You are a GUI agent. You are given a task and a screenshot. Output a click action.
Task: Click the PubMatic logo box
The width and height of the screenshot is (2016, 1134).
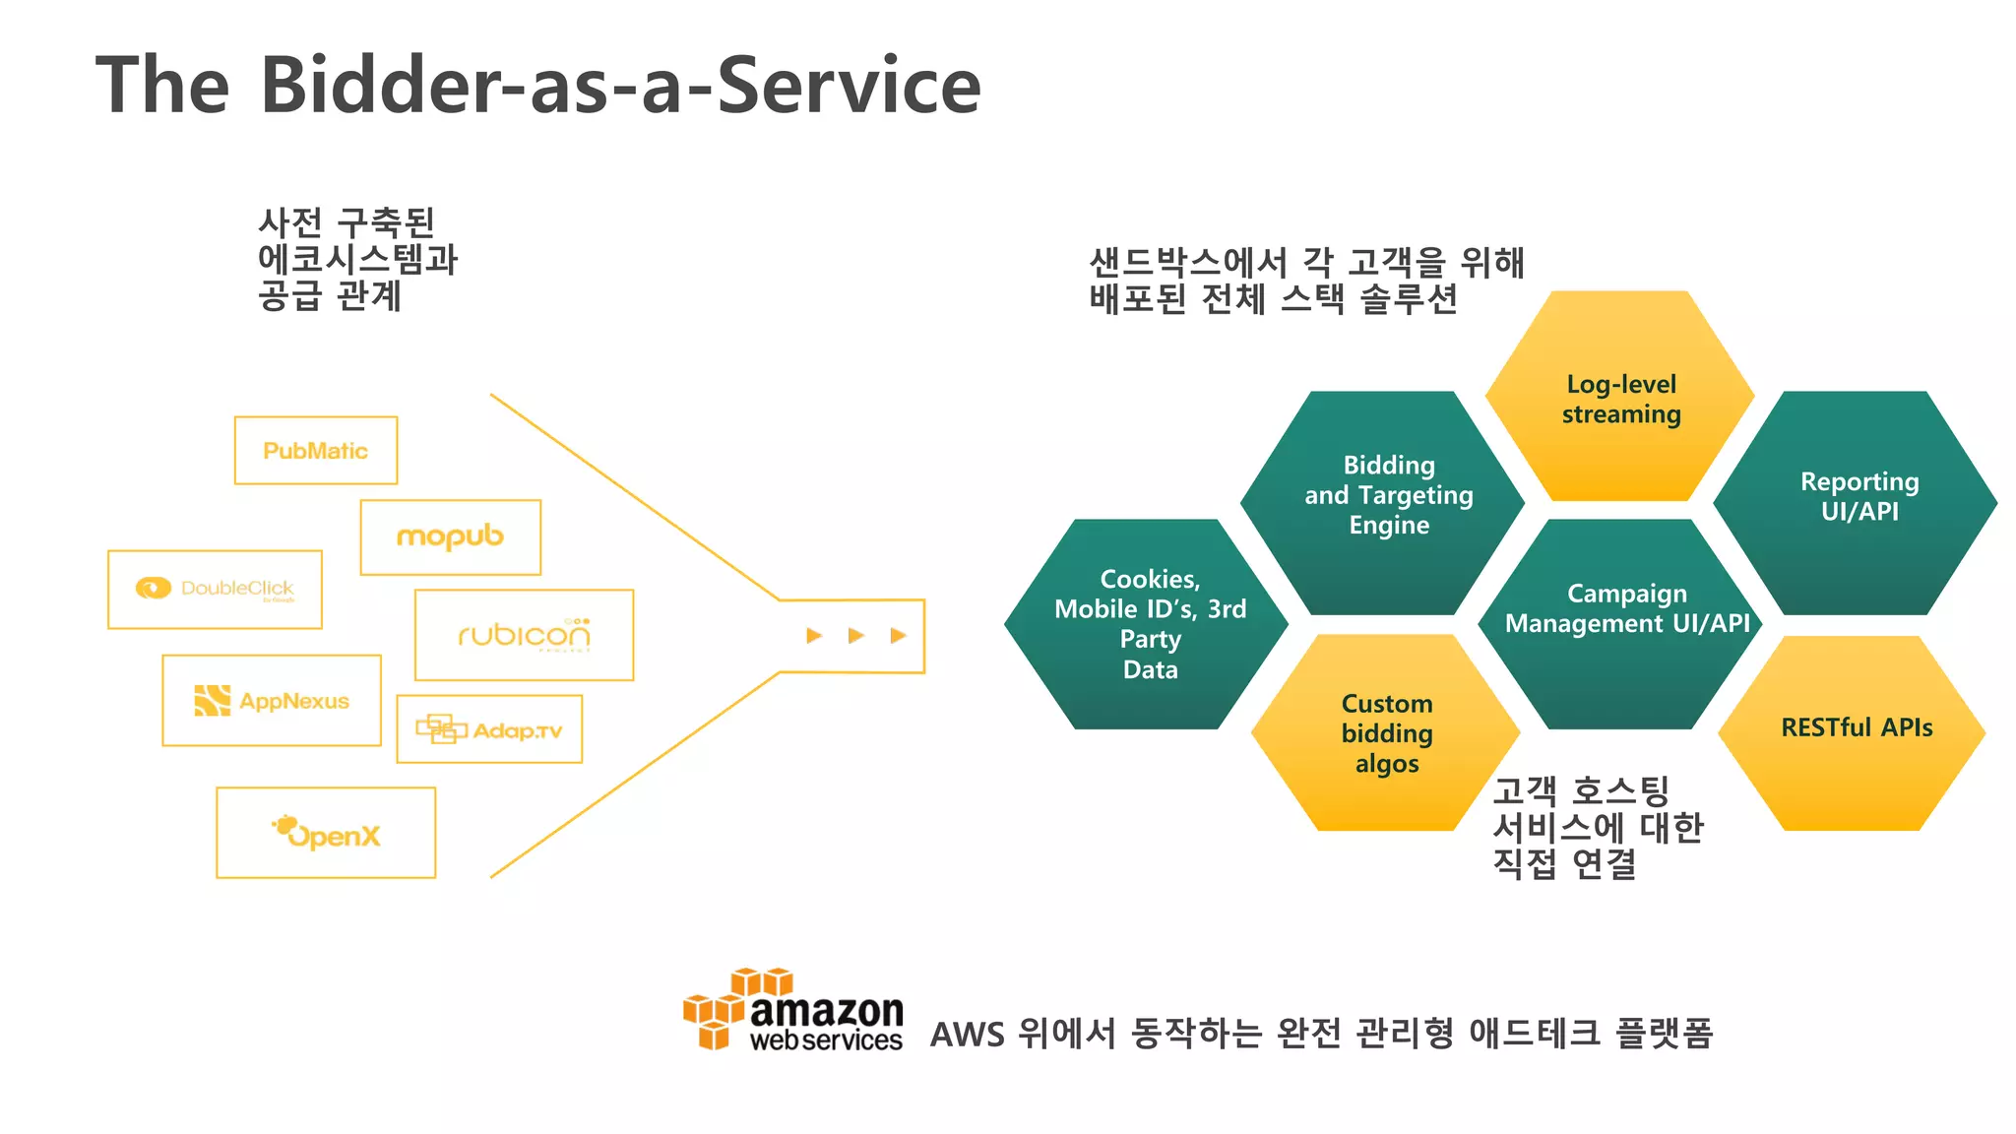tap(315, 450)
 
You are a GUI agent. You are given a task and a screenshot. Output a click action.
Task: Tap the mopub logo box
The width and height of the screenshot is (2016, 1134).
tap(450, 536)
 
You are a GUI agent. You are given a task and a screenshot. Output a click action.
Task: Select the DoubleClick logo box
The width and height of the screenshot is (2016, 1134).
tap(215, 589)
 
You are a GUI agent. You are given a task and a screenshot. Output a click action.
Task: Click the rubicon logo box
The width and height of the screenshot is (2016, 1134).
tap(524, 635)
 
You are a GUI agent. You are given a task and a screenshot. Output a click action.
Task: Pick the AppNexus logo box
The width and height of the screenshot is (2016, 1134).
tap(272, 701)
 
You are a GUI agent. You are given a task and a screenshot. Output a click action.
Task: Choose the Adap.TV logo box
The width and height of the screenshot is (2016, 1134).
tap(489, 729)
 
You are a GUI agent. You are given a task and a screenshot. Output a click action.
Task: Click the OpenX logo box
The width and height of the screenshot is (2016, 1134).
tap(326, 833)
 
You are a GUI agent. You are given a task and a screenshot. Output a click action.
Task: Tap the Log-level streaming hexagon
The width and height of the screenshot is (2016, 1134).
tap(1620, 398)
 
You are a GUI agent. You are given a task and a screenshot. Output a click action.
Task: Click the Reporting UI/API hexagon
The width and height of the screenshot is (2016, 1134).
tap(1858, 496)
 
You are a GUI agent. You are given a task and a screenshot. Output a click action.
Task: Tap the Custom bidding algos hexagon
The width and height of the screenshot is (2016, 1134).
tap(1386, 733)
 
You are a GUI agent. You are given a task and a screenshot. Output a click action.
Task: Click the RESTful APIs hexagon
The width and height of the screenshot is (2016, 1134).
tap(1856, 728)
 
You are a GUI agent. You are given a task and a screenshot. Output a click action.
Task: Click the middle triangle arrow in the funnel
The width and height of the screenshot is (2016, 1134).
tap(855, 636)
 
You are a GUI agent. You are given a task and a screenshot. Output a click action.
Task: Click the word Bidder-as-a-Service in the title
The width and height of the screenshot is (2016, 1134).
tap(620, 87)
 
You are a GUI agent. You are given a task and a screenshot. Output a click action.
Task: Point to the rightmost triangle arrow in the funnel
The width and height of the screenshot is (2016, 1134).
tap(898, 636)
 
